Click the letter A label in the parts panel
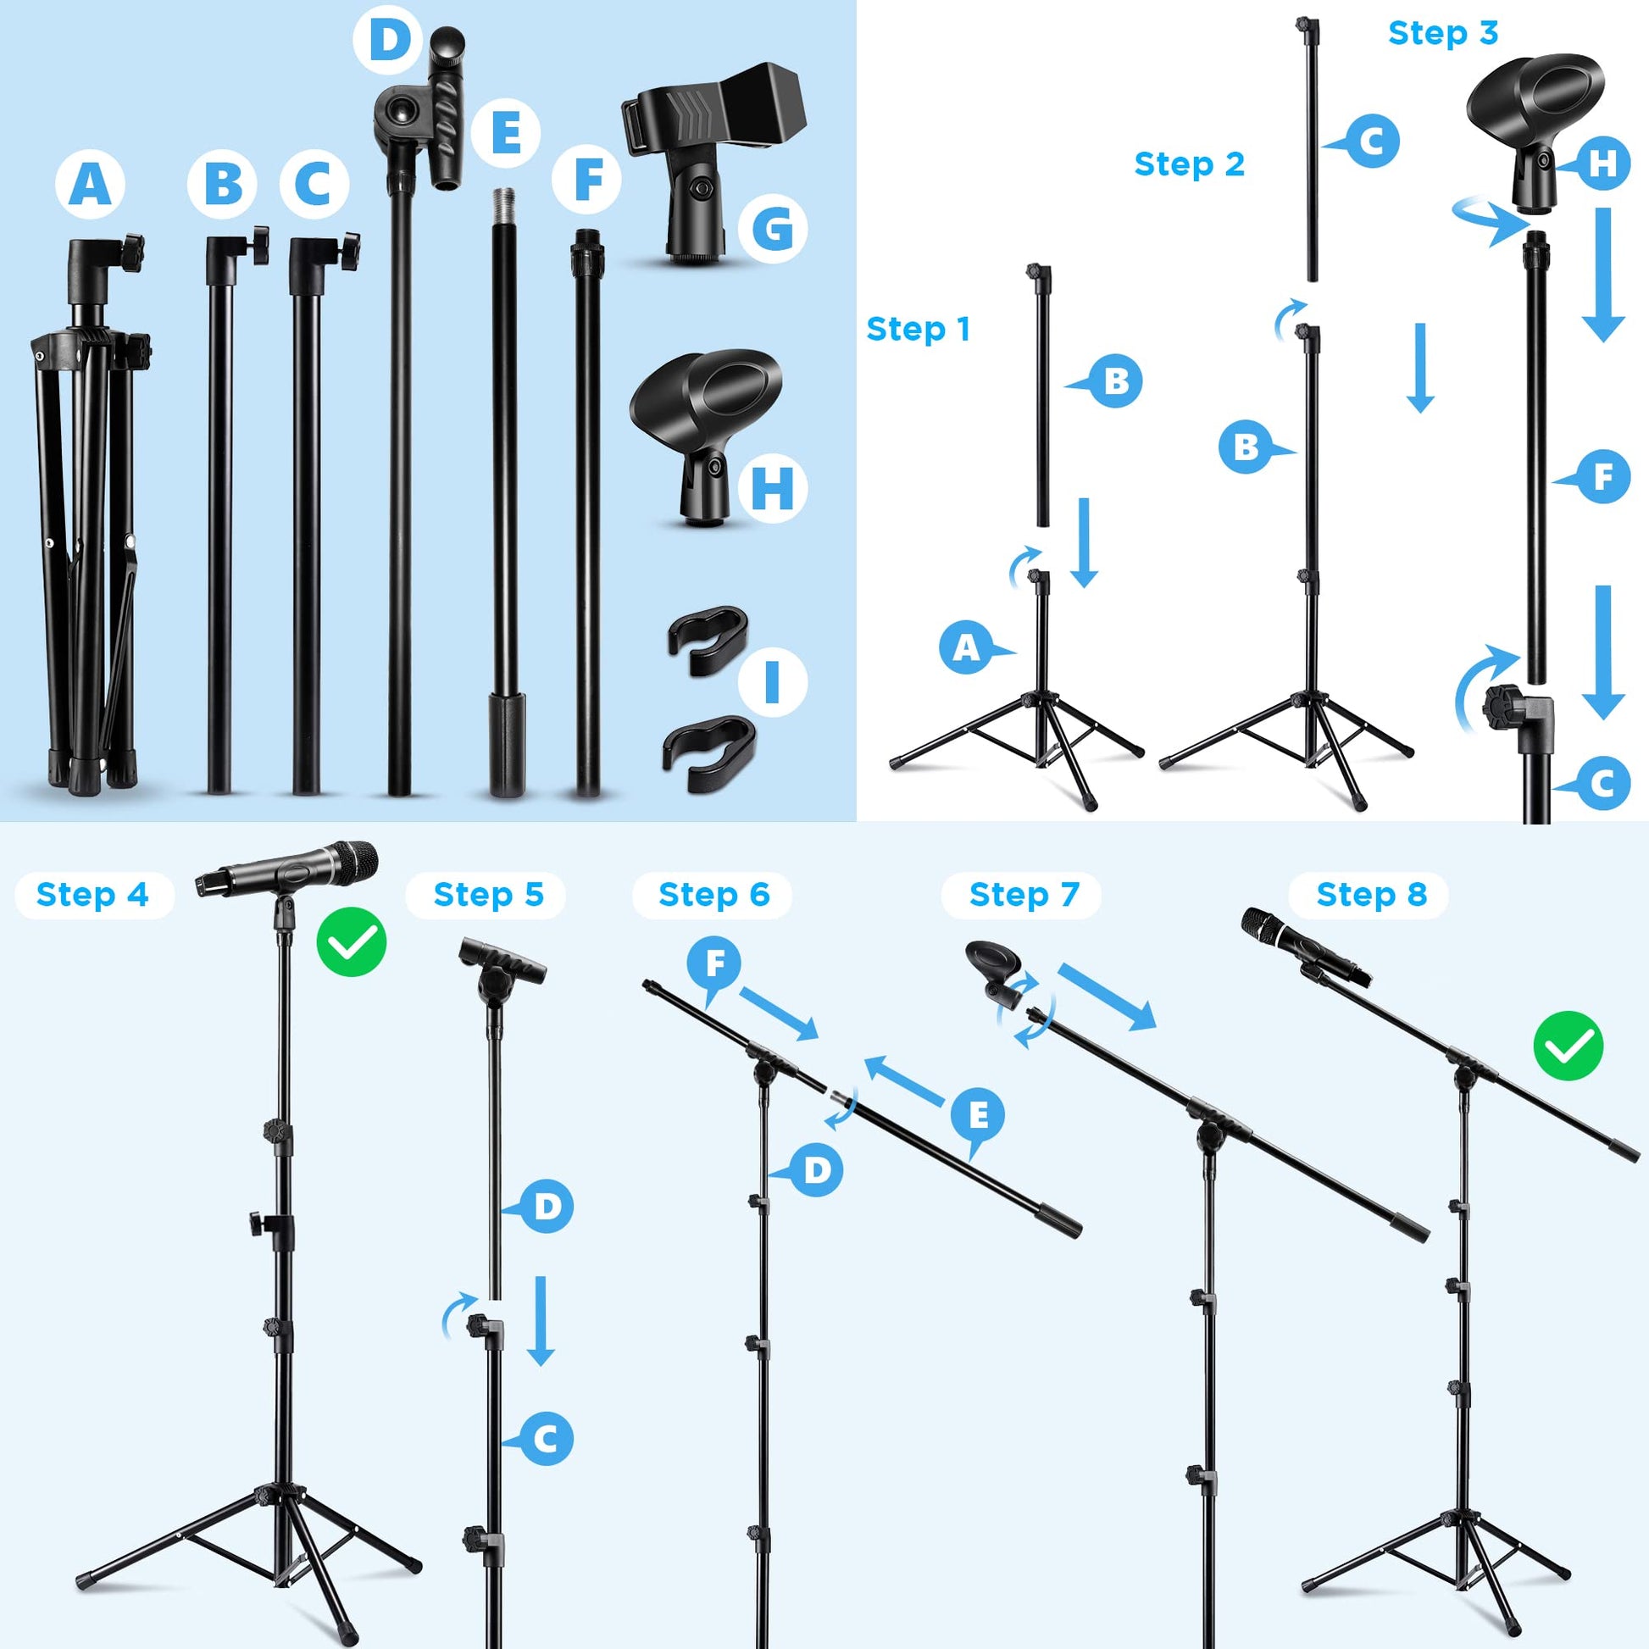click(x=91, y=185)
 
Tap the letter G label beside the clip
click(x=774, y=229)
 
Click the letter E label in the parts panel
click(x=506, y=133)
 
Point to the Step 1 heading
click(x=919, y=329)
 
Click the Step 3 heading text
click(x=1443, y=33)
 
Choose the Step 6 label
click(x=713, y=895)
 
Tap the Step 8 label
click(x=1372, y=895)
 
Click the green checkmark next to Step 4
click(x=352, y=942)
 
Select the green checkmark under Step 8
click(x=1568, y=1047)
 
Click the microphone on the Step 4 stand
click(x=286, y=869)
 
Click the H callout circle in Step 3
click(x=1603, y=163)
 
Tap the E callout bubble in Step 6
click(x=979, y=1114)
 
